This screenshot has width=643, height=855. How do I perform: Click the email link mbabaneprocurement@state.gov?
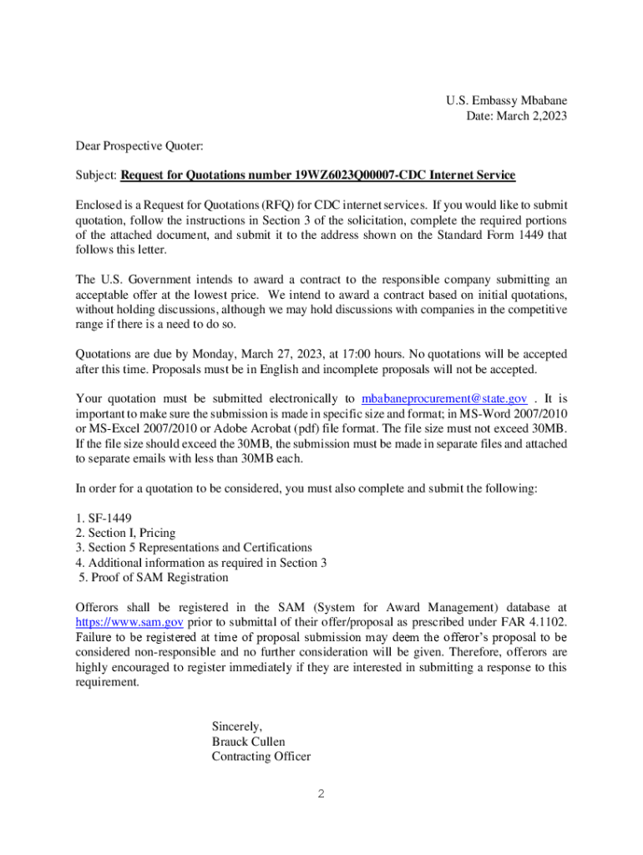point(443,399)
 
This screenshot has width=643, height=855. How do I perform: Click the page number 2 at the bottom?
point(321,794)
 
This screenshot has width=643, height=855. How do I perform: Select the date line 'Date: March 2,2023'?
point(516,116)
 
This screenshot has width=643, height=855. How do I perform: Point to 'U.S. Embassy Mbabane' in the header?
point(506,101)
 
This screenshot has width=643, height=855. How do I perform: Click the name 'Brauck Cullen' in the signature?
point(249,741)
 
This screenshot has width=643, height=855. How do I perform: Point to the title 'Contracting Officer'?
point(261,756)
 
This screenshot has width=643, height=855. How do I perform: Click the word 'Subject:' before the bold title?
point(96,175)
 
